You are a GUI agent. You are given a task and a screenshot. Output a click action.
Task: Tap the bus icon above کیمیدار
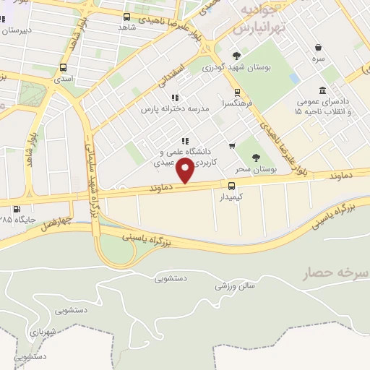[231, 185]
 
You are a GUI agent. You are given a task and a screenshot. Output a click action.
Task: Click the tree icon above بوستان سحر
[254, 158]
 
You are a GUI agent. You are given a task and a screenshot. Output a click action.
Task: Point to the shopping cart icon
[231, 145]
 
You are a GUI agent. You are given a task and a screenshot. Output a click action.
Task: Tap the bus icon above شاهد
[127, 17]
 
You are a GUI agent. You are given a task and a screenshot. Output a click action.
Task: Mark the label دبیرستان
[17, 30]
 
